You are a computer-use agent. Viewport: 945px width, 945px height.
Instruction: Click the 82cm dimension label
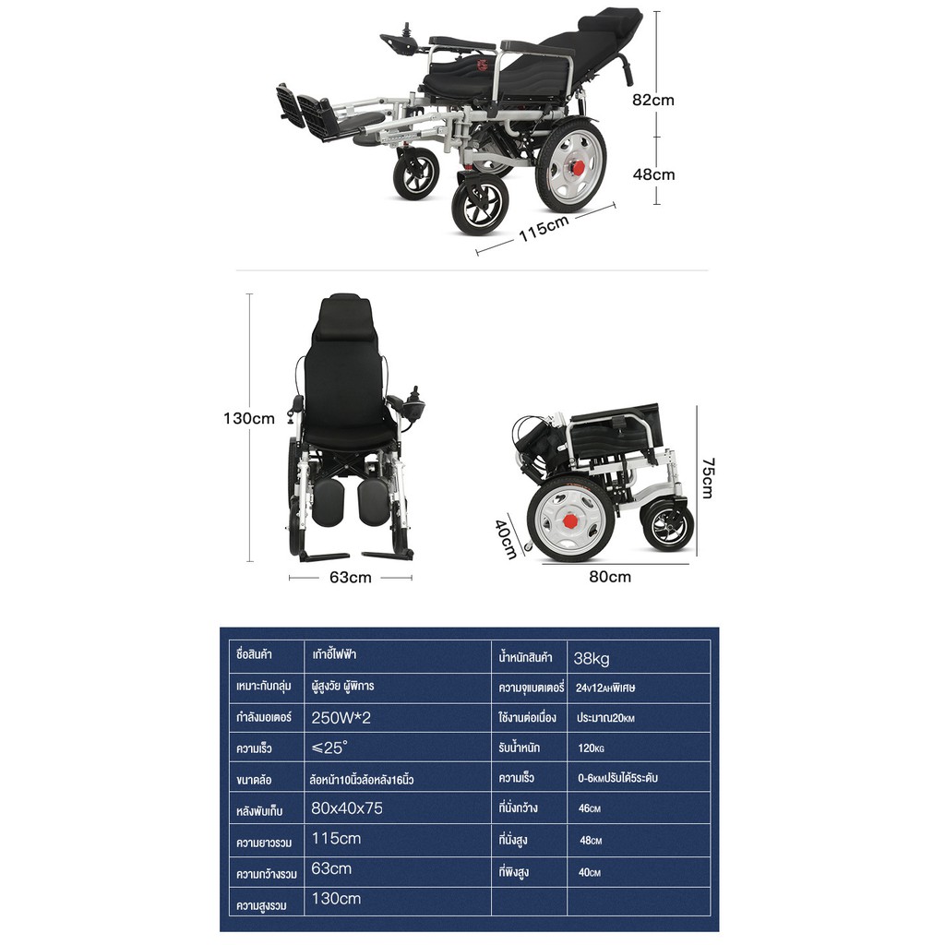click(x=652, y=100)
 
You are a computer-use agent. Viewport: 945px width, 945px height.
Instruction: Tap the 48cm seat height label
click(x=653, y=174)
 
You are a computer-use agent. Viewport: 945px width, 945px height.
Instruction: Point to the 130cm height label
click(x=249, y=418)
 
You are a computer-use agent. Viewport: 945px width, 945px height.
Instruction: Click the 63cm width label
click(x=350, y=578)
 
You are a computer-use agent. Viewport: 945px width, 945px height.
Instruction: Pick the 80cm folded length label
click(x=610, y=577)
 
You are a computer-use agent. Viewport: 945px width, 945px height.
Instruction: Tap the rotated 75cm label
click(x=708, y=479)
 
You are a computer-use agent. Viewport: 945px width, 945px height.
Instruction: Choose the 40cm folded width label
click(x=506, y=539)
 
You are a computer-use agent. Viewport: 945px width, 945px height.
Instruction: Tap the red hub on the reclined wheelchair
click(x=580, y=166)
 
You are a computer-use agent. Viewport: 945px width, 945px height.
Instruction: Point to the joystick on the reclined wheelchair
click(x=406, y=30)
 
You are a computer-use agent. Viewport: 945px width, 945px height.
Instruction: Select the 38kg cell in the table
click(x=592, y=658)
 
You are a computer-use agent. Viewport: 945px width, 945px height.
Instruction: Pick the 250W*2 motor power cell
click(x=341, y=718)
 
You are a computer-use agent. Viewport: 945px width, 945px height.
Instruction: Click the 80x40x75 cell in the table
click(x=347, y=808)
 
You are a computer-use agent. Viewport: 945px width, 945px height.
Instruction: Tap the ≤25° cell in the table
click(x=329, y=748)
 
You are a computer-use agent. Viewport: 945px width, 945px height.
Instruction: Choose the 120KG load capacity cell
click(x=591, y=748)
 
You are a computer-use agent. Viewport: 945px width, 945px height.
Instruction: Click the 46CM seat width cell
click(x=589, y=808)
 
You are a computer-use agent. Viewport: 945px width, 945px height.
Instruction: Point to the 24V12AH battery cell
click(x=605, y=688)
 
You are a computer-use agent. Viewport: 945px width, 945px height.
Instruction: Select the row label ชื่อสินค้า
click(x=254, y=654)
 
